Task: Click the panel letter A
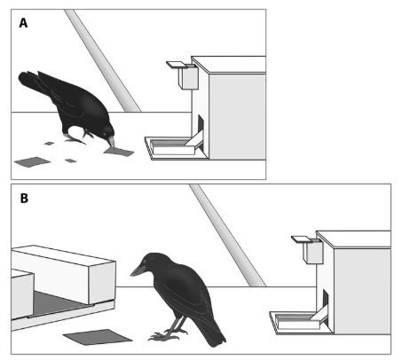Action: [23, 23]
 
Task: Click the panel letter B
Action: [24, 198]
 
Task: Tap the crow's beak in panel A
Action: [111, 142]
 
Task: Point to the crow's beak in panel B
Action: [138, 270]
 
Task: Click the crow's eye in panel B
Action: [145, 262]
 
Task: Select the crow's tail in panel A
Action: [33, 82]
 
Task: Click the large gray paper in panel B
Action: [98, 337]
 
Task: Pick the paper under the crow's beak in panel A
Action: [119, 152]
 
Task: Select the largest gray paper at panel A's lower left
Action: [32, 161]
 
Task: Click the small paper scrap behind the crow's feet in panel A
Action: [49, 144]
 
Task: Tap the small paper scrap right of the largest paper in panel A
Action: [71, 160]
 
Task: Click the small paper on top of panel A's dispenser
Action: [175, 64]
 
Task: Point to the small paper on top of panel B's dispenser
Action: [300, 239]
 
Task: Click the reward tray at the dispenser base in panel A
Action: [172, 148]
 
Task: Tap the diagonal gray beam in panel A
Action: [103, 60]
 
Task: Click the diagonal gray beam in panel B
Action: [228, 236]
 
